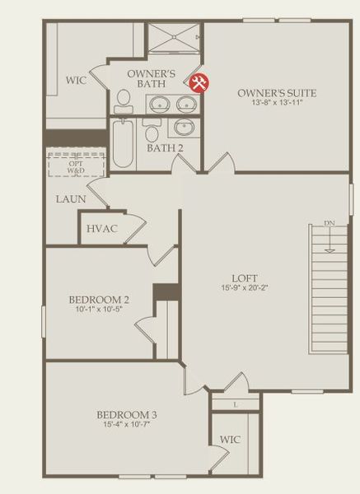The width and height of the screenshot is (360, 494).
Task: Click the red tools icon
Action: pos(199,82)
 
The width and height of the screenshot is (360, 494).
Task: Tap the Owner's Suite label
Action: pos(277,93)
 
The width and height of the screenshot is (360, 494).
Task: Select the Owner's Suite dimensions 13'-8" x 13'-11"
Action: pos(277,104)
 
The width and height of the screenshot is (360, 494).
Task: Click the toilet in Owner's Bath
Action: pos(125,100)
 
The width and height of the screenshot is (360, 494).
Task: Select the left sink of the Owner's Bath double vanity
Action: pos(160,104)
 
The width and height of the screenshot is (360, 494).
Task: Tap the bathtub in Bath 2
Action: pos(123,143)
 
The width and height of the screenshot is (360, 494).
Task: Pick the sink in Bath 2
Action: pos(184,128)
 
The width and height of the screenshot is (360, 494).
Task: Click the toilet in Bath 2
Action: pos(152,132)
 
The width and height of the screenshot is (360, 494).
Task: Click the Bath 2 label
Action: pos(165,148)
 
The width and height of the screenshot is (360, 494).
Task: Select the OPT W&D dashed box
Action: pos(76,164)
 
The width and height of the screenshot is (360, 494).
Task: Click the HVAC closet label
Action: pos(102,228)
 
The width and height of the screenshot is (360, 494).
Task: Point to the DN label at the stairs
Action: pos(329,223)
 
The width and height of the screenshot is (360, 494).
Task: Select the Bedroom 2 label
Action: pos(97,300)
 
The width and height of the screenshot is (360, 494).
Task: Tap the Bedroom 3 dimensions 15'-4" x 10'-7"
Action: pos(125,425)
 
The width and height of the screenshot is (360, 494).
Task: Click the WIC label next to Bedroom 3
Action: pos(231,440)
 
